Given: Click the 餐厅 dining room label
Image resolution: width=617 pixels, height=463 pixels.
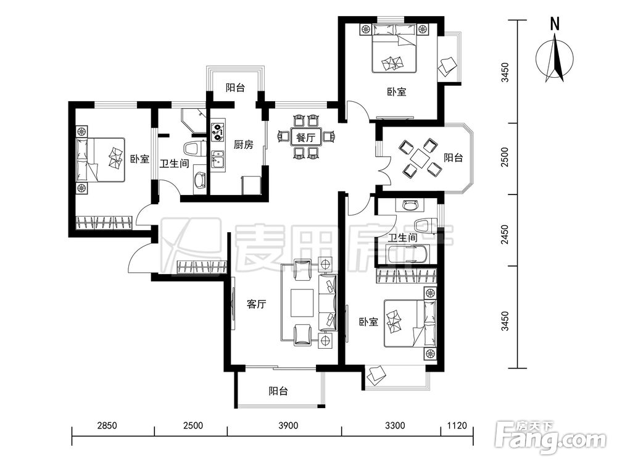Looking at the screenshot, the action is pos(305,138).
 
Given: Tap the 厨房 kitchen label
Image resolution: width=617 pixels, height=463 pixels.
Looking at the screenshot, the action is pos(243,145).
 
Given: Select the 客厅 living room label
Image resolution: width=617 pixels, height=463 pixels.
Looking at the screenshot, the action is pos(256,304).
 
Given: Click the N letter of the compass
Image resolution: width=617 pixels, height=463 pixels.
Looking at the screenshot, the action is pos(555,25).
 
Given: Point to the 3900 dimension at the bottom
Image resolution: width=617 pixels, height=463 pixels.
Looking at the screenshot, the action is pos(288,425).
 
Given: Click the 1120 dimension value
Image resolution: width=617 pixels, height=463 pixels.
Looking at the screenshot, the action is pos(457,425).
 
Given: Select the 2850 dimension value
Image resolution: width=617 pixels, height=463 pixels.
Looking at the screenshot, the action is pos(107,425).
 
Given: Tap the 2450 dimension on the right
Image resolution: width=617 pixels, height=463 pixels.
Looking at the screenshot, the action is pos(505,235).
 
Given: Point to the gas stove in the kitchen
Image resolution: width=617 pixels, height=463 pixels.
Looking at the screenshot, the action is pos(218,132).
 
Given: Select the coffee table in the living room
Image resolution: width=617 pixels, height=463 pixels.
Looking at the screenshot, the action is pos(302,302).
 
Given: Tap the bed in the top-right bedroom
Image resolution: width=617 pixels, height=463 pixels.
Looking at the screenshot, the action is pos(394,48).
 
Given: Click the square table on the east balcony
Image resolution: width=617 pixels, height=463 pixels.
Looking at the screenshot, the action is pos(420,158).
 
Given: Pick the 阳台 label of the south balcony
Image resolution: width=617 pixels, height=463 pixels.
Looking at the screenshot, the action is pos(278,391).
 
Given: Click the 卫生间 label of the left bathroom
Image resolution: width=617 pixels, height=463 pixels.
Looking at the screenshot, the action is pos(175,164).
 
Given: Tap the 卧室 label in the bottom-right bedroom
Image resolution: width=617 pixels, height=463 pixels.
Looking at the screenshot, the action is pos(368,322).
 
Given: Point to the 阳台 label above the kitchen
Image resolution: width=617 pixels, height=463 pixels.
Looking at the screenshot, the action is pos(235,88).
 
